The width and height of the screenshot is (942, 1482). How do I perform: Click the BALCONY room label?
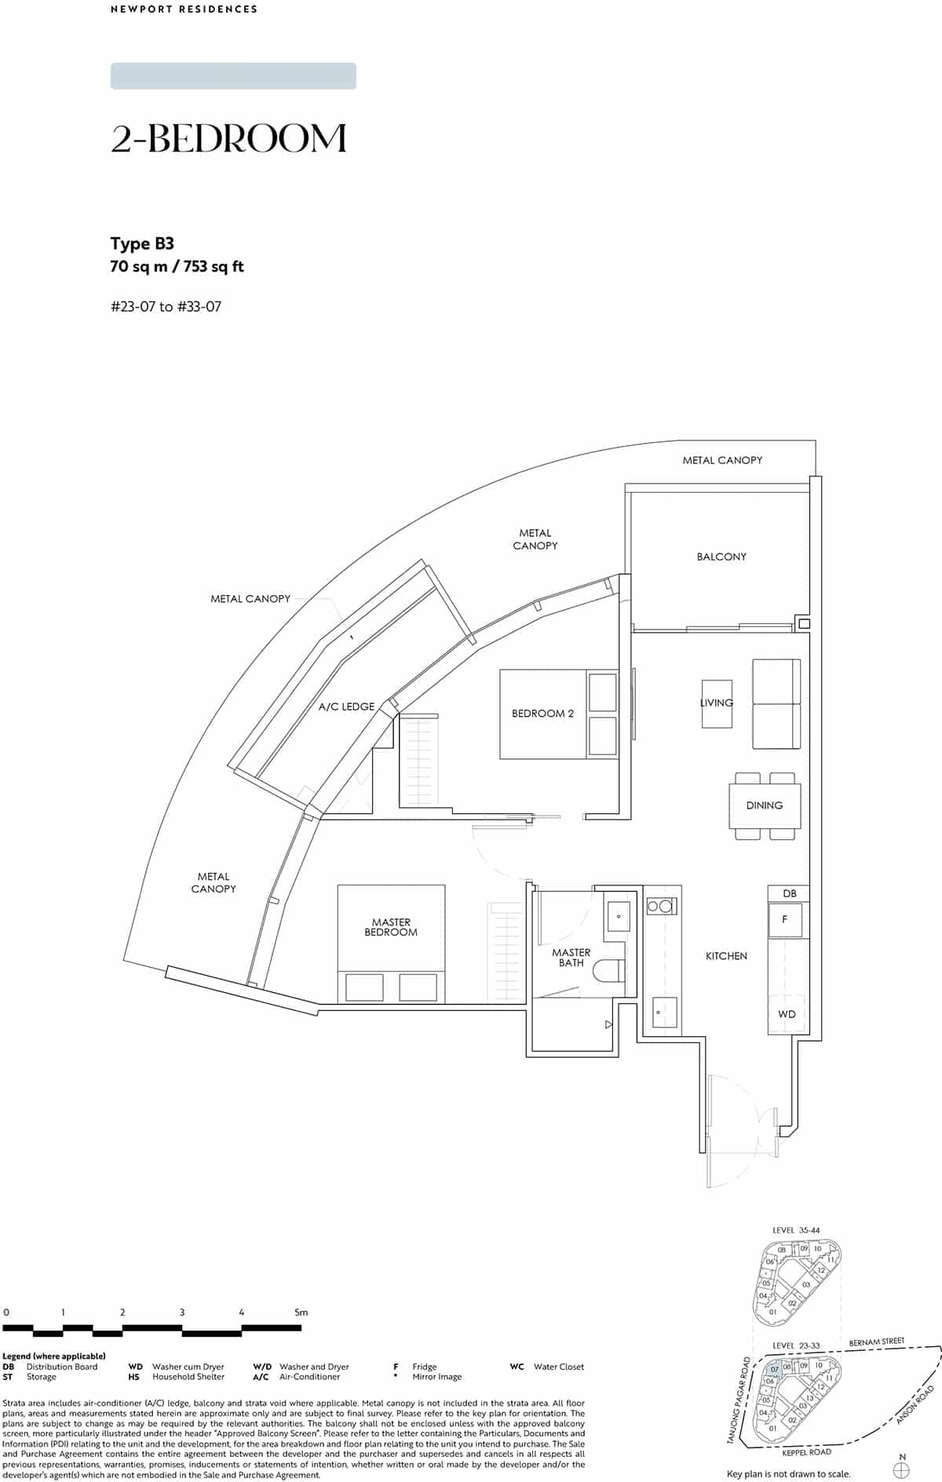[721, 557]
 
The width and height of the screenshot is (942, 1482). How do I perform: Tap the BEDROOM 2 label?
[542, 714]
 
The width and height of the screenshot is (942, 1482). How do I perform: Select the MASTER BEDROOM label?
[391, 927]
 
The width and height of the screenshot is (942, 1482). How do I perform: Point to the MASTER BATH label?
[571, 958]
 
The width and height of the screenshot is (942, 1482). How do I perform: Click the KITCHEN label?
[726, 956]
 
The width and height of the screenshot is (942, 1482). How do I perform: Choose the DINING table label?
[765, 805]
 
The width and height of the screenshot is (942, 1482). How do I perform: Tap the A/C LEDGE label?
[346, 706]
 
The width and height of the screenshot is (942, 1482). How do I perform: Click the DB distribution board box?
[790, 893]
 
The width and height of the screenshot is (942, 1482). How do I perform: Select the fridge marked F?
[785, 919]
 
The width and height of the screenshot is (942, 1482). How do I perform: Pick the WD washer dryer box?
[787, 1014]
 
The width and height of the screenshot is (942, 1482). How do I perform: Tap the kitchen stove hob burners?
[659, 907]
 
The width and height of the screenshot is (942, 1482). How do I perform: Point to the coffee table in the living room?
[717, 703]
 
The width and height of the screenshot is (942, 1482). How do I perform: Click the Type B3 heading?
[142, 243]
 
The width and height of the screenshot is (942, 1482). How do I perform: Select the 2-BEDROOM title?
[228, 138]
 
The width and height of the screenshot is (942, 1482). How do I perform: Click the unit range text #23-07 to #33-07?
[166, 307]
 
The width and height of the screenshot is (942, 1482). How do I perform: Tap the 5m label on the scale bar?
[301, 1312]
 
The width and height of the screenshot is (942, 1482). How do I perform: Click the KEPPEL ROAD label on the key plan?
[807, 1452]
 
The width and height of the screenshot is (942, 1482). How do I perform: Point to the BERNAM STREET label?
[876, 1341]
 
